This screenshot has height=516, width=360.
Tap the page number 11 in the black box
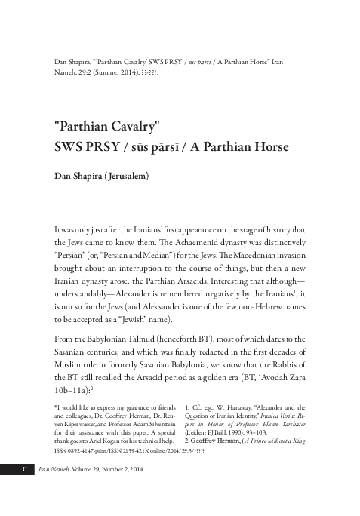[23, 491]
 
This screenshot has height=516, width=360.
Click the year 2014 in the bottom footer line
[152, 492]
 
